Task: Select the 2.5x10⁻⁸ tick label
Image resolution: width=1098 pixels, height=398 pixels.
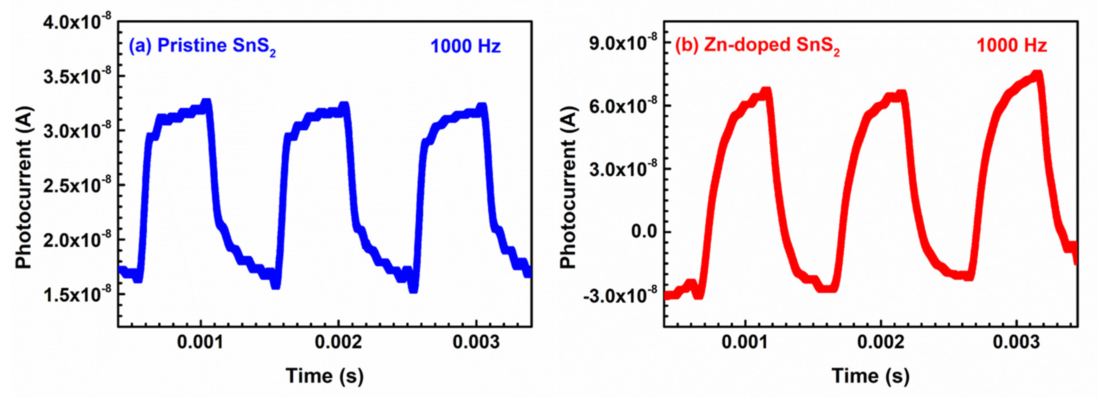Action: (77, 185)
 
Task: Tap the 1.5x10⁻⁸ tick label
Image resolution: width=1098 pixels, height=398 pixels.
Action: (77, 294)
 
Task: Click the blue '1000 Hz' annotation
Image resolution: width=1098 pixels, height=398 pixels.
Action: (465, 46)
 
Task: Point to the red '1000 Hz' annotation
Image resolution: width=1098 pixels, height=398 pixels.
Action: (1011, 45)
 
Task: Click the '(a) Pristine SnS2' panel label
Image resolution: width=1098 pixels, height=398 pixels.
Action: (202, 46)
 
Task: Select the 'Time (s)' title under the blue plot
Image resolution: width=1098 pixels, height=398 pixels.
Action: (325, 376)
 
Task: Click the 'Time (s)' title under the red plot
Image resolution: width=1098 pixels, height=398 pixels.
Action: (870, 376)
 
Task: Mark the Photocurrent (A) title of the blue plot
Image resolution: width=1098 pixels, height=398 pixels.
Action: (24, 188)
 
